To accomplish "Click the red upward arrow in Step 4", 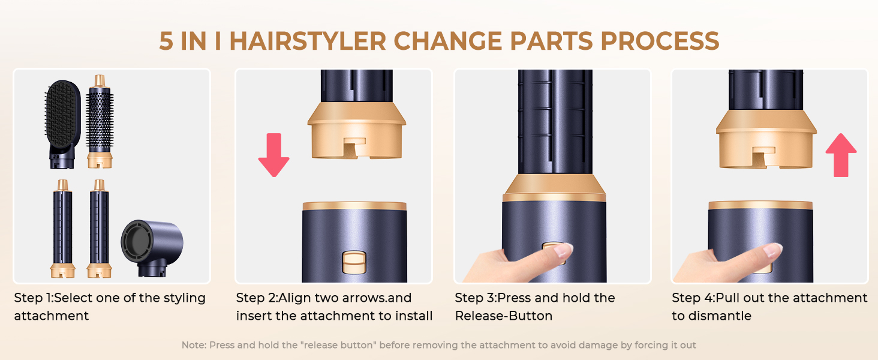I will pos(841,155).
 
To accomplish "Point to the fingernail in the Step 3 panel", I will pos(564,251).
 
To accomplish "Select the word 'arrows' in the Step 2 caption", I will pos(345,298).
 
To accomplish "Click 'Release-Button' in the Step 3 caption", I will pos(504,316).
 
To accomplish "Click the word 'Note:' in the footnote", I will pos(193,345).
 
